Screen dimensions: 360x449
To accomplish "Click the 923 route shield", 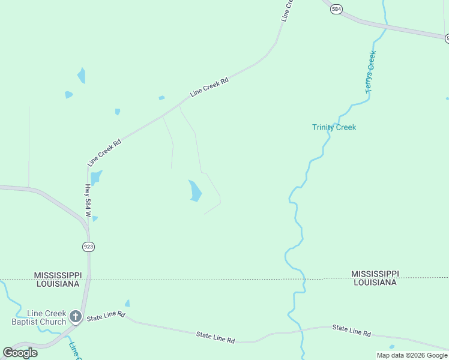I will tap(89, 247).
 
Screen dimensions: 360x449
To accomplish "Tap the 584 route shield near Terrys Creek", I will tap(337, 9).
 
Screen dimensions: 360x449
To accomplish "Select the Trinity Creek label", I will tap(334, 127).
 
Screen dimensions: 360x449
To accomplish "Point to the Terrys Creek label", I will tap(370, 71).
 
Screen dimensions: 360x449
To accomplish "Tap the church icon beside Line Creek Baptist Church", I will tap(75, 316).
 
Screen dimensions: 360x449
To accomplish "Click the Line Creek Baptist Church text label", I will tap(38, 317).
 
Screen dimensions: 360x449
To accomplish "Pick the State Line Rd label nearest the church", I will tap(105, 314).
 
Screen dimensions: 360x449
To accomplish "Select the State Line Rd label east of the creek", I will tap(351, 331).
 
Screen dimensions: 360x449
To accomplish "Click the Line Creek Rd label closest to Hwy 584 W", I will tap(104, 152).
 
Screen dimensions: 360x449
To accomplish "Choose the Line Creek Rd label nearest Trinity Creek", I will tap(209, 87).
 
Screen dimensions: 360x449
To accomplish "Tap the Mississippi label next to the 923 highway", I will tap(58, 275).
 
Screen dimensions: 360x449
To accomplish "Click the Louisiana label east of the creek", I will tap(375, 282).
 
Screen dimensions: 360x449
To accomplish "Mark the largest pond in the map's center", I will tap(194, 191).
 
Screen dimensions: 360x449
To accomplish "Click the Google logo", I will tap(20, 353).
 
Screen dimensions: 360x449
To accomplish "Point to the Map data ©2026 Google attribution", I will tap(412, 355).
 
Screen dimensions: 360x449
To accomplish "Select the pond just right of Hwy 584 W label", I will tap(96, 178).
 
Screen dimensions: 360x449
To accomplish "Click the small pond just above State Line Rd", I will tap(127, 304).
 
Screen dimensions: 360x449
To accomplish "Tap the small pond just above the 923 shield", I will tap(95, 218).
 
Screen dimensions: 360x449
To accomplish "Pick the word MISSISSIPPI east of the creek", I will tap(375, 274).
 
